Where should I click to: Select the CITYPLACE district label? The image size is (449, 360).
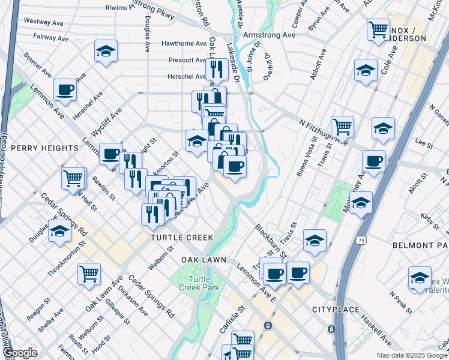click(336, 310)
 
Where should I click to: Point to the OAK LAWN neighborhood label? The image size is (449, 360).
click(203, 259)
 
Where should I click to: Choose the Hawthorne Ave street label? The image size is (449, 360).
click(184, 44)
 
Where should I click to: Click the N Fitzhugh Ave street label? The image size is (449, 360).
click(323, 131)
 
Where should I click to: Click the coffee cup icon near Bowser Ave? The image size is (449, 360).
click(65, 91)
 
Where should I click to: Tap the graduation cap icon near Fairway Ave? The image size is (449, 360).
click(106, 52)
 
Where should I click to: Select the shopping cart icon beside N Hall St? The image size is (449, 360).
click(73, 178)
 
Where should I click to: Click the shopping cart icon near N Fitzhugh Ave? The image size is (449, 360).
click(342, 127)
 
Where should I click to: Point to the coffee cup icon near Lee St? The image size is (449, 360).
click(373, 161)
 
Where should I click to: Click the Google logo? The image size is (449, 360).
click(20, 353)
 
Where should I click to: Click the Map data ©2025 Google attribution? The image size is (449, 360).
click(412, 355)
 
